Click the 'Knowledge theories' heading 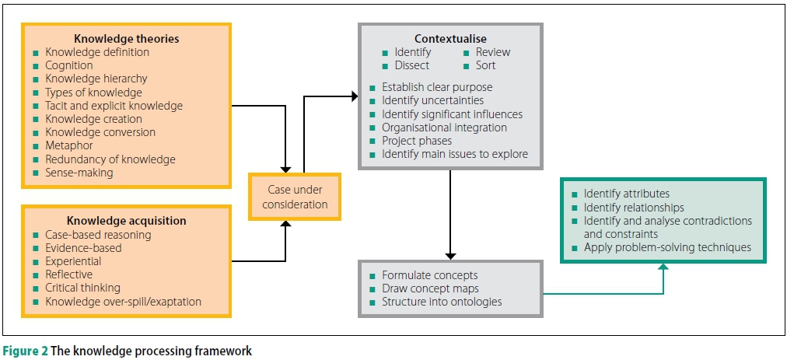(x=126, y=38)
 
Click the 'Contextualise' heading (x=449, y=38)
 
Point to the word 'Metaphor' (x=69, y=145)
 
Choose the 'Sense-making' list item (x=79, y=173)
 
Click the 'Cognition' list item (x=69, y=65)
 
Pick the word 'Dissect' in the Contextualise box (x=412, y=65)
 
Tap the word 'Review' (x=493, y=52)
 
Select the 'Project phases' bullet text (x=417, y=141)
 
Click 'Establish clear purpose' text (x=437, y=87)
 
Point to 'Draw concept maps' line (x=430, y=288)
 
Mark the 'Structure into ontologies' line (x=442, y=302)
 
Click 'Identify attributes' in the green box (x=627, y=194)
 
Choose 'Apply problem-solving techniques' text (x=667, y=247)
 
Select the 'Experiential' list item (x=73, y=261)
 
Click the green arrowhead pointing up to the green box (x=663, y=267)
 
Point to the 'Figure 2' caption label (x=26, y=351)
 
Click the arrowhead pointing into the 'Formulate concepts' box (x=449, y=256)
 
